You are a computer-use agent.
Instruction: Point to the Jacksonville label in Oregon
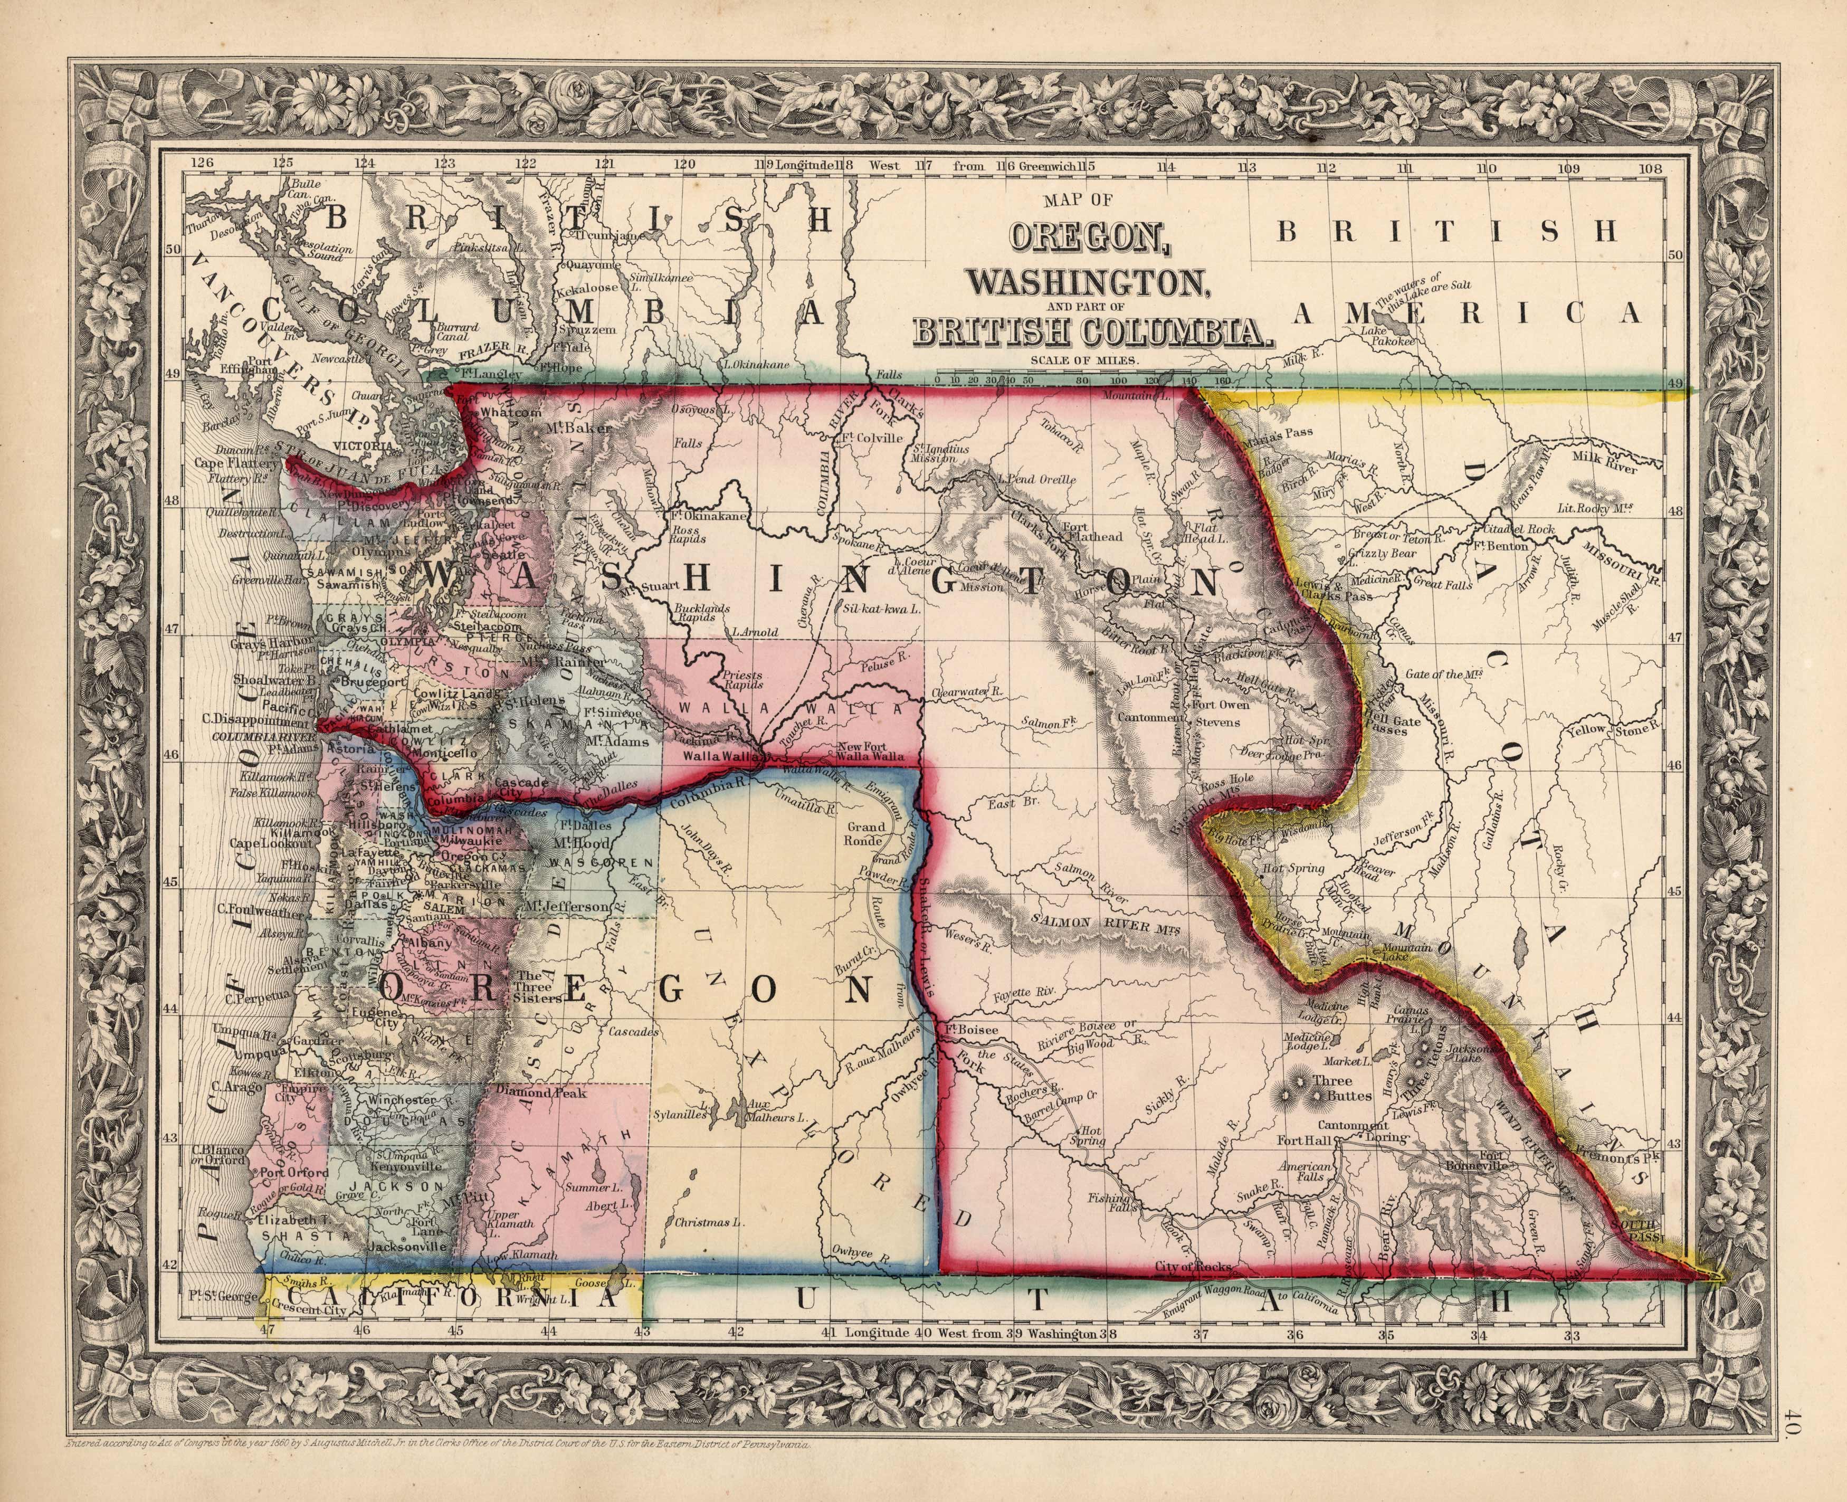tap(406, 1247)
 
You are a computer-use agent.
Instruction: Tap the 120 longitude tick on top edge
tap(685, 164)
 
